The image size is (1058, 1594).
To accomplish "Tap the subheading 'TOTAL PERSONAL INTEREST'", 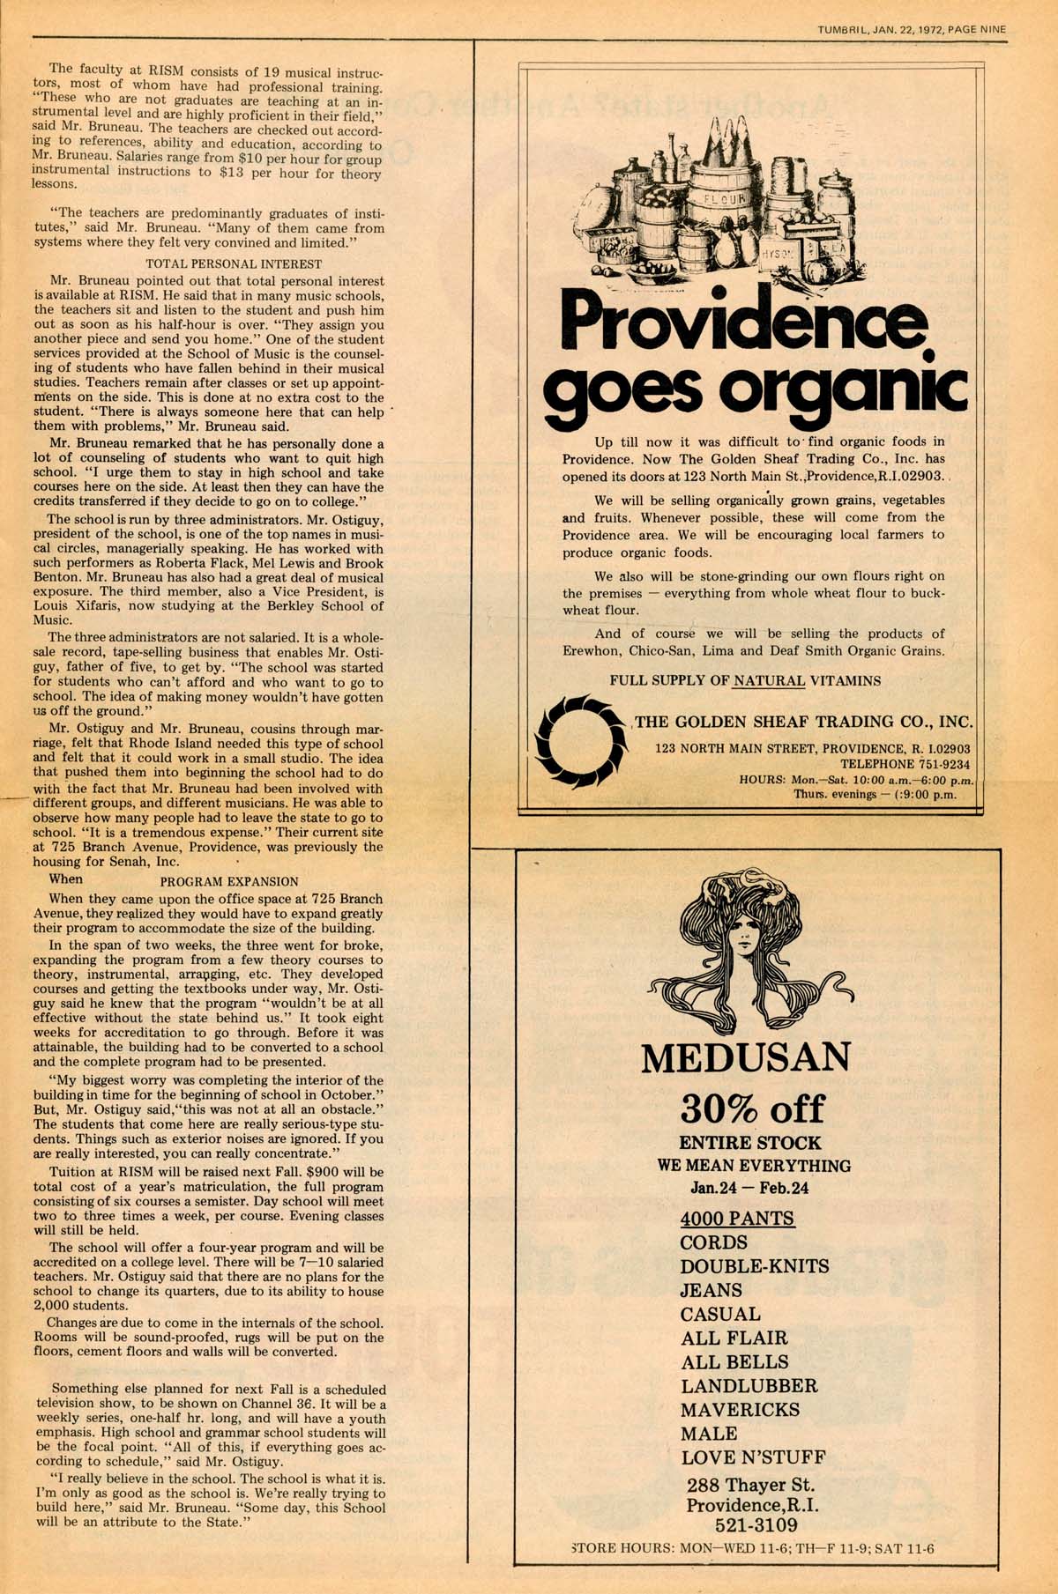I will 234,263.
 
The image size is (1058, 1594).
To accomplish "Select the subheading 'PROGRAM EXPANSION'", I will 229,880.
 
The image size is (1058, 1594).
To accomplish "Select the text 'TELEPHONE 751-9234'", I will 905,764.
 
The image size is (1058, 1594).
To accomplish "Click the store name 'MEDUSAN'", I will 746,1057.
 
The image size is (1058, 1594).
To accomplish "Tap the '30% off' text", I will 752,1108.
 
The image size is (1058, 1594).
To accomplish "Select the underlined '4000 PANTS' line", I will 737,1219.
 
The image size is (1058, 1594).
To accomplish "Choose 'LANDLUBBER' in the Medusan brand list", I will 749,1386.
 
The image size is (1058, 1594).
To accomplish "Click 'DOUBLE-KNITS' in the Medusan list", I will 754,1266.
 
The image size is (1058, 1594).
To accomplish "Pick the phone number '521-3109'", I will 752,1524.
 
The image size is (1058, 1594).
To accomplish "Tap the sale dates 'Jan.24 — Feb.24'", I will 749,1187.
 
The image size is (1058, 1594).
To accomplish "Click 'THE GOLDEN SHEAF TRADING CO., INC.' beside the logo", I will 803,722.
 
